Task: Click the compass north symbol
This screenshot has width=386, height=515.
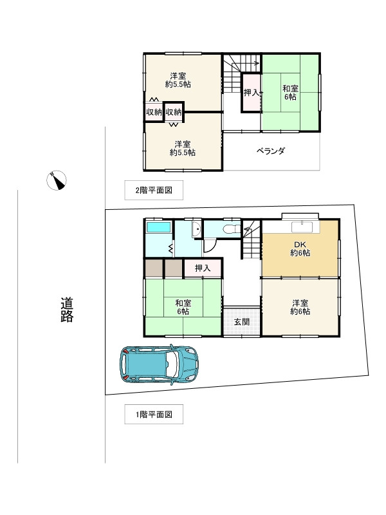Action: point(57,180)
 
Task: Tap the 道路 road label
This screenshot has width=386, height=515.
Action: point(67,310)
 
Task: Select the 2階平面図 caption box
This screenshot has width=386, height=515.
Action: point(154,190)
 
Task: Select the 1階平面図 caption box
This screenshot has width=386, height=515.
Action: point(154,414)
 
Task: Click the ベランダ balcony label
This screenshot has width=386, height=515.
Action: point(270,151)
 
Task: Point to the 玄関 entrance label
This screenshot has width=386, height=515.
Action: point(242,322)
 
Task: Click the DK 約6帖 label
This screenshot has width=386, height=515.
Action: point(300,248)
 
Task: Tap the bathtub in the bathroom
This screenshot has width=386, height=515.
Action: point(158,227)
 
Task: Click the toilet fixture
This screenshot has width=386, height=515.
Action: point(232,229)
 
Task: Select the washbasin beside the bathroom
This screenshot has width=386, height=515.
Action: point(197,229)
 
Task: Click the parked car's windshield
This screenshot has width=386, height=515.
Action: point(171,364)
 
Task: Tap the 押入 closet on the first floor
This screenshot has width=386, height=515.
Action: point(203,268)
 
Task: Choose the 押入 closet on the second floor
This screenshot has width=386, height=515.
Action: point(251,93)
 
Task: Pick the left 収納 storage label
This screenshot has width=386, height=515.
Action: point(154,112)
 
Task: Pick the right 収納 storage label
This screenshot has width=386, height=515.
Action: point(174,112)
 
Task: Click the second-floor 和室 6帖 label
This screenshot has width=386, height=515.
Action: point(291,93)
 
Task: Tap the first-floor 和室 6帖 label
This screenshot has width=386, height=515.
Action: point(183,307)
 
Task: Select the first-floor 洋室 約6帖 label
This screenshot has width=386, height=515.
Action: point(300,307)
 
